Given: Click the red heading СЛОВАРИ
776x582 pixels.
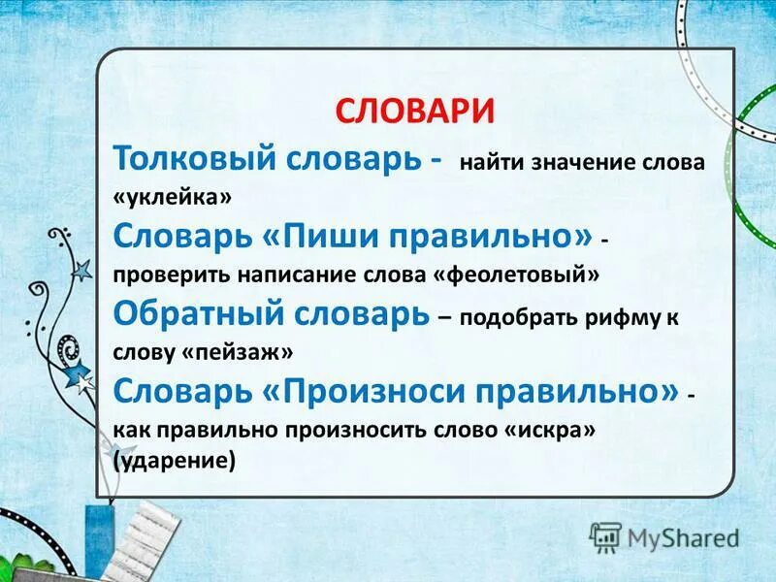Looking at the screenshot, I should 415,110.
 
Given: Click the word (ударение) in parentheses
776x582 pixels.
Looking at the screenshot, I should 175,462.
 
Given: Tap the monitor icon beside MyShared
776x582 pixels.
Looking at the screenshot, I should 605,535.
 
